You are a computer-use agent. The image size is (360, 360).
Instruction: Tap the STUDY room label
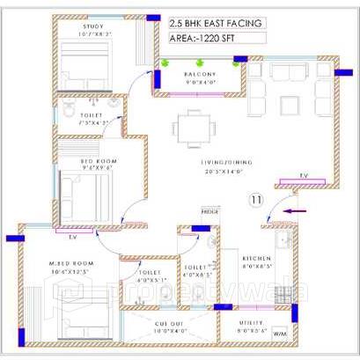(94, 26)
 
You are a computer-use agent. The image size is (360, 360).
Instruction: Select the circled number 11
(255, 200)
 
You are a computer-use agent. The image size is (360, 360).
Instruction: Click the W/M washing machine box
(280, 335)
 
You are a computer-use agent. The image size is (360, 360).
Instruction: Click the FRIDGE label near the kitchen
(209, 213)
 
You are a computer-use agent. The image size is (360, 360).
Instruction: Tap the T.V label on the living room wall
(303, 175)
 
